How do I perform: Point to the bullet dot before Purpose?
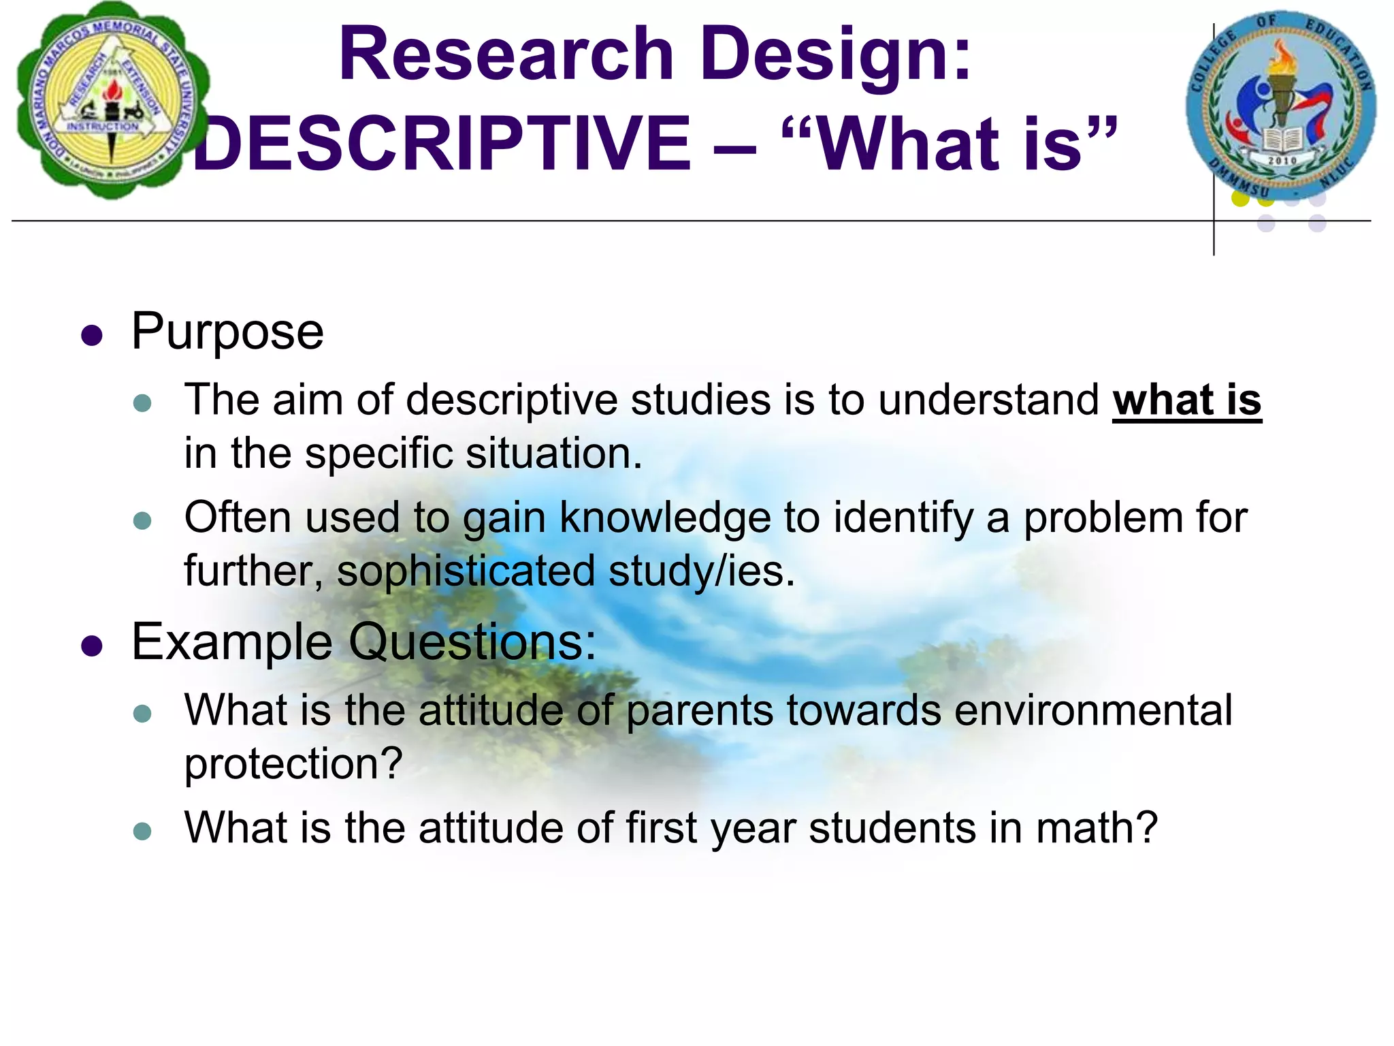click(91, 335)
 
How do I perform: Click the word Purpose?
click(227, 332)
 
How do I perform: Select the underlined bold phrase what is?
click(1186, 400)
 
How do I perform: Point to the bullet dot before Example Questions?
click(91, 646)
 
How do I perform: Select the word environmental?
click(1093, 710)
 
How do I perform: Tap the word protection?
click(293, 764)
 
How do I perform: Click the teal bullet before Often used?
click(142, 521)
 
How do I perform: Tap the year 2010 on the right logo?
click(1282, 161)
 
